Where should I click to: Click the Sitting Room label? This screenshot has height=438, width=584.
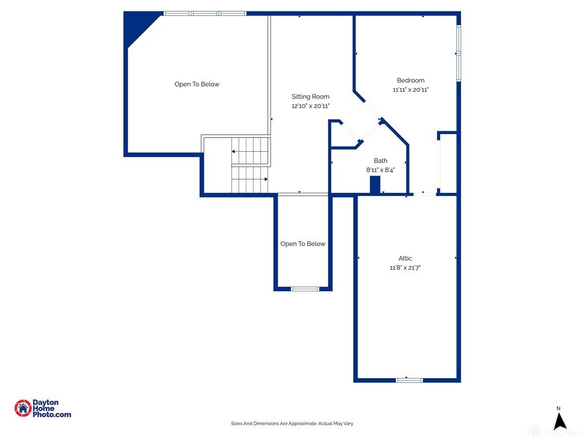310,96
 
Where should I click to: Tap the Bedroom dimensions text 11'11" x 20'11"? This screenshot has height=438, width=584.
411,90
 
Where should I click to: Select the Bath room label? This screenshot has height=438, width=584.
380,160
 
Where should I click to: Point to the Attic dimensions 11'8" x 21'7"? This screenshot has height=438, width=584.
405,267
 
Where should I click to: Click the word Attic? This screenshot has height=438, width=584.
405,258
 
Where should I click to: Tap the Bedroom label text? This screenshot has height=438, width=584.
411,80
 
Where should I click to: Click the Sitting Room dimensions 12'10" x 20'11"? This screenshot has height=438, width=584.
310,106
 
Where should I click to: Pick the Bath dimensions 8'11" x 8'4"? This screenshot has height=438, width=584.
380,170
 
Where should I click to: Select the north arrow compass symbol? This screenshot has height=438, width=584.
559,421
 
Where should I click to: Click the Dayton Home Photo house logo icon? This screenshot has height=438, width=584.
23,408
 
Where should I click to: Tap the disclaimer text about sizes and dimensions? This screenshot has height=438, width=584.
292,424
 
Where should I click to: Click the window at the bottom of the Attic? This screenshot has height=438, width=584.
409,380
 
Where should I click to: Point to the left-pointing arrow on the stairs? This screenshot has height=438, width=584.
233,152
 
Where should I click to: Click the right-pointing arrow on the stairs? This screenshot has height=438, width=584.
266,179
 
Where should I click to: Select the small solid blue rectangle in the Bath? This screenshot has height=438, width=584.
375,185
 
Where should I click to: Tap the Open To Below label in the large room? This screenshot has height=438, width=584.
197,84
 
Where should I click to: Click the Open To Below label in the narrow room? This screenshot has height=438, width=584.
303,244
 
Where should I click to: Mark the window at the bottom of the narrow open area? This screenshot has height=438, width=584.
305,289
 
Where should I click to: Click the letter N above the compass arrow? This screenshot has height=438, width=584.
558,408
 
